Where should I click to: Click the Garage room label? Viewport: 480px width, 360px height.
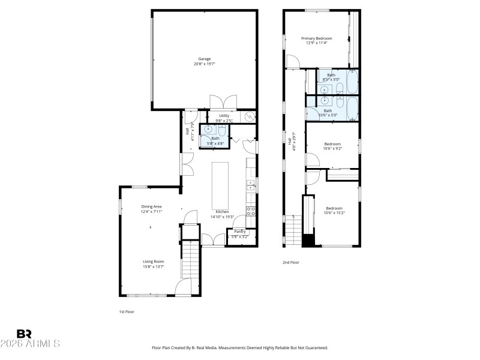click(x=205, y=58)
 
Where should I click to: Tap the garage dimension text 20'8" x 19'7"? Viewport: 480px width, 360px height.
click(x=205, y=64)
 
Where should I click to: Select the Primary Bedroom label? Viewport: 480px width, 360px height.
click(x=316, y=38)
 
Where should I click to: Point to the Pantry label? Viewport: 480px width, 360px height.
click(x=239, y=232)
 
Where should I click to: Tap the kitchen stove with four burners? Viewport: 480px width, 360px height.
click(x=251, y=211)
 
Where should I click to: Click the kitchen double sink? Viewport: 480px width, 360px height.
click(x=251, y=187)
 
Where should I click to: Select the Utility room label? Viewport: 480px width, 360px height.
click(x=224, y=115)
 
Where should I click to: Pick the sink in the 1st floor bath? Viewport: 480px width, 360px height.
click(x=208, y=129)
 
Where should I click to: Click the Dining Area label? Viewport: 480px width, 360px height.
click(x=151, y=206)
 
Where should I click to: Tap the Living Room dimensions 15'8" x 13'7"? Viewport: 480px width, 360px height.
click(x=153, y=266)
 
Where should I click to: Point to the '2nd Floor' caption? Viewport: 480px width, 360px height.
click(x=291, y=262)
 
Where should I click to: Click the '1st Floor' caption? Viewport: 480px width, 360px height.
click(x=127, y=313)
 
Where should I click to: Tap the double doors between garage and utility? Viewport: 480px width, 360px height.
click(x=224, y=101)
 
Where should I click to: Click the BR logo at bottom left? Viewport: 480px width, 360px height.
click(x=25, y=334)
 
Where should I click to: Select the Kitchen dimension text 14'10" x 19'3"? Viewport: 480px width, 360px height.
click(x=220, y=217)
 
